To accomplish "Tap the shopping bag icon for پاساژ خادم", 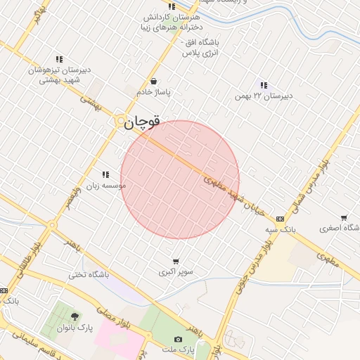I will tap(153, 81).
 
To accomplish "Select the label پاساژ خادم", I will tap(154, 92).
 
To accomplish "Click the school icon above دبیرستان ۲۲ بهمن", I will tap(264, 85).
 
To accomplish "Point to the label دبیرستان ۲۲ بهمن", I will tap(263, 96).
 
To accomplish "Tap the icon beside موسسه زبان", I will tap(105, 174).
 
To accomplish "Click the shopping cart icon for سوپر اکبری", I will tap(175, 261).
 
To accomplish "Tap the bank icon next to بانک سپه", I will tap(281, 218).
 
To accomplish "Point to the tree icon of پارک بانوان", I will tap(75, 316).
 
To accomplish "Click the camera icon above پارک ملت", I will tap(178, 340).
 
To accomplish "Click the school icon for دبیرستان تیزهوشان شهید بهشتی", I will tap(59, 59).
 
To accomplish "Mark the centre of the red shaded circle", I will tap(180, 180).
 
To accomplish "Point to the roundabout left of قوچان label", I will tap(120, 121).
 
